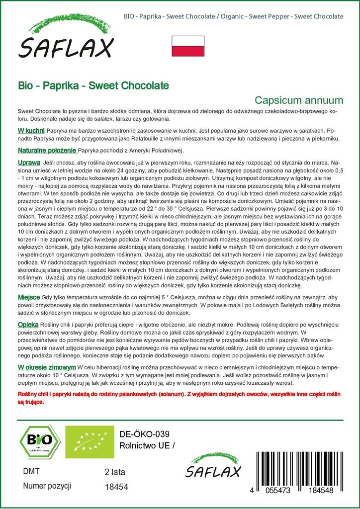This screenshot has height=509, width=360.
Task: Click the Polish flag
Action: (x=188, y=46)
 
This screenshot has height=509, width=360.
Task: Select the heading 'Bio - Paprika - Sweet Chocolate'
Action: (x=93, y=85)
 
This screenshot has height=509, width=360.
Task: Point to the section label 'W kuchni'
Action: (x=32, y=129)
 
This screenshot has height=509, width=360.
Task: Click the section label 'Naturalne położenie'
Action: (x=47, y=151)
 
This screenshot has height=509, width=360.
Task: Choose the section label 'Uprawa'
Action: (x=29, y=162)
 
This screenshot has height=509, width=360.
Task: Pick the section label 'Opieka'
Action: (x=29, y=324)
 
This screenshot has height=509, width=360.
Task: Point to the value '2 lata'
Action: (x=115, y=472)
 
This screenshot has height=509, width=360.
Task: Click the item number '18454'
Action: (x=117, y=487)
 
